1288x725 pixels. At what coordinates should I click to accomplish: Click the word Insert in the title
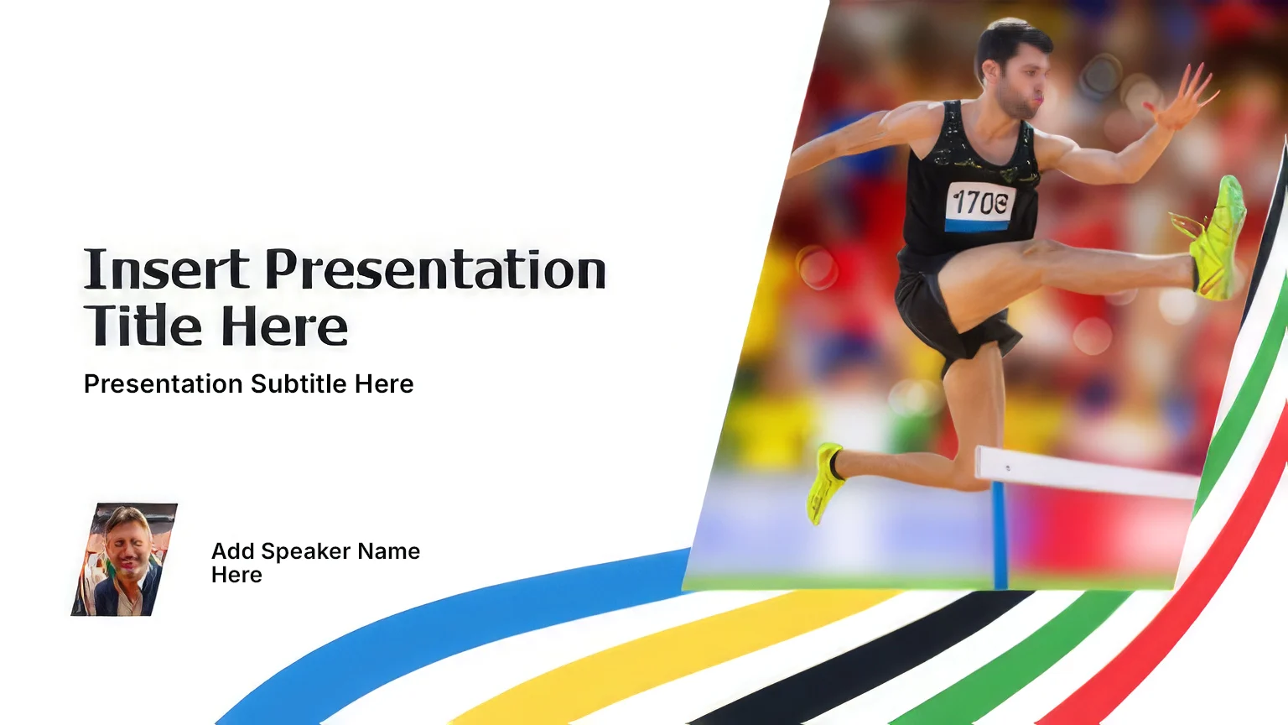tap(166, 269)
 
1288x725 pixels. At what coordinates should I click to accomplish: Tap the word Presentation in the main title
tap(435, 269)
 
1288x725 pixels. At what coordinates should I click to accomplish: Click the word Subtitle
tap(299, 383)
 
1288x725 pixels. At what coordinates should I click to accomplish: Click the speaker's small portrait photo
tap(124, 560)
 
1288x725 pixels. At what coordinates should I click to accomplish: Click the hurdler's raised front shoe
tap(1213, 239)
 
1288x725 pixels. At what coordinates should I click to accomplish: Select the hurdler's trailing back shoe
tap(826, 482)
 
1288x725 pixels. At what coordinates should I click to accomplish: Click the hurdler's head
tap(1014, 68)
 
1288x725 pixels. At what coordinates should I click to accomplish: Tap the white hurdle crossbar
tap(1087, 472)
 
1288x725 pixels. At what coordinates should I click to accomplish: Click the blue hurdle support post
tap(1000, 535)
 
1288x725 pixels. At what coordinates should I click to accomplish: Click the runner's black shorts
tap(948, 305)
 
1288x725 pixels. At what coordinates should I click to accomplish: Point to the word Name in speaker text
tap(389, 551)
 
